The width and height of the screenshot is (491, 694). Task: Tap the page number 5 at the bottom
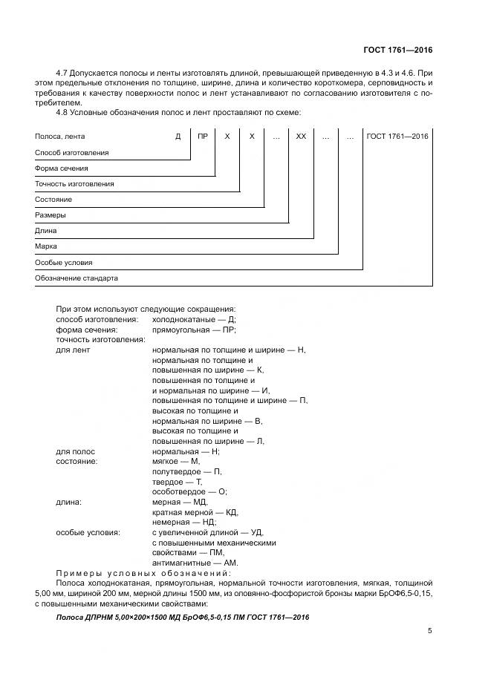pyautogui.click(x=429, y=631)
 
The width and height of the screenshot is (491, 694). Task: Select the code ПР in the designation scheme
pyautogui.click(x=203, y=137)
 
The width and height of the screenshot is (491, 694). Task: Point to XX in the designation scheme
pyautogui.click(x=301, y=137)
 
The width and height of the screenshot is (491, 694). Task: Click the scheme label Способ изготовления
pyautogui.click(x=72, y=152)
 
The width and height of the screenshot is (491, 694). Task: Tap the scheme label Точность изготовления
pyautogui.click(x=74, y=183)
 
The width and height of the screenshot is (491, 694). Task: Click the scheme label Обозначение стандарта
pyautogui.click(x=77, y=278)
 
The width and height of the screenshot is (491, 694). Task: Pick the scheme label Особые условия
pyautogui.click(x=64, y=263)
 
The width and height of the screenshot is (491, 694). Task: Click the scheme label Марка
pyautogui.click(x=46, y=246)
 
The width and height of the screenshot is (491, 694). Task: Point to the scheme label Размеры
pyautogui.click(x=51, y=215)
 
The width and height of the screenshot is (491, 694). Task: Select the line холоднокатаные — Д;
pyautogui.click(x=194, y=319)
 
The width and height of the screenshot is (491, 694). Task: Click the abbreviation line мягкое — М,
pyautogui.click(x=176, y=461)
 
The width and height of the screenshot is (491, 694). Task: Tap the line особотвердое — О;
pyautogui.click(x=189, y=491)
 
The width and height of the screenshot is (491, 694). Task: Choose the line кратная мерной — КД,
pyautogui.click(x=195, y=512)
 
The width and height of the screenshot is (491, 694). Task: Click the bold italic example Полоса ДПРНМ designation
pyautogui.click(x=182, y=618)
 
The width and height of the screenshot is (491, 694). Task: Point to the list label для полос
pyautogui.click(x=76, y=451)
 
